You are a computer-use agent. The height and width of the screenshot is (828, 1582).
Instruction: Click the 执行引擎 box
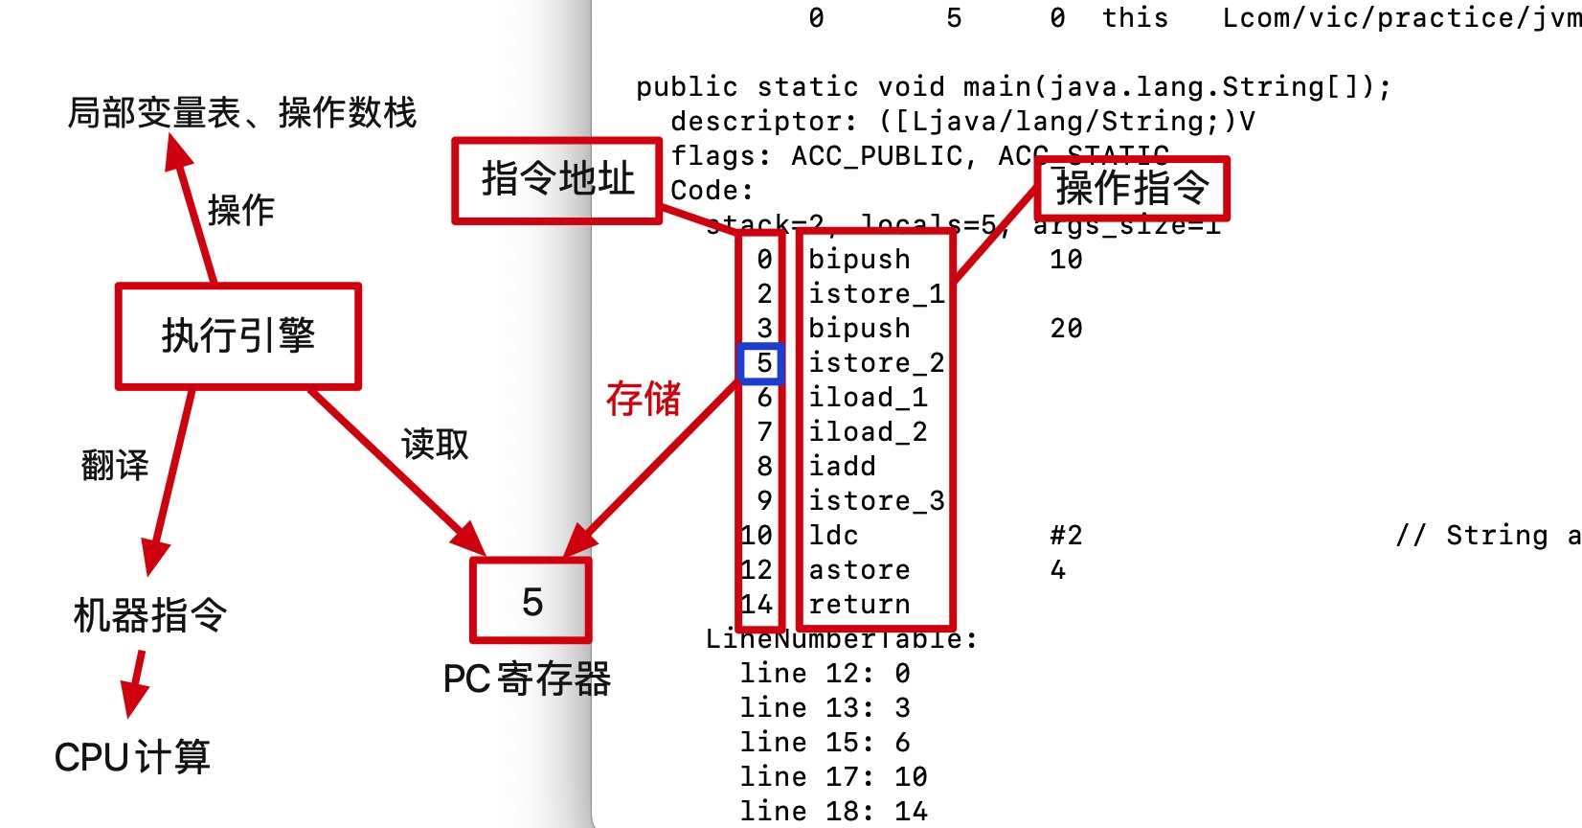[238, 336]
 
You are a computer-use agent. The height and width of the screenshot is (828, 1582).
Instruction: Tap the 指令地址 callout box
[557, 180]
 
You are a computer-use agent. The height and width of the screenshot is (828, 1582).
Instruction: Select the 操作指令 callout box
[1132, 188]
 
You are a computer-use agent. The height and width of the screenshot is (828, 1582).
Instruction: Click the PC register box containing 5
[531, 602]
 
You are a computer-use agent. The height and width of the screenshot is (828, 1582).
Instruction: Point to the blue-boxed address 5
[762, 363]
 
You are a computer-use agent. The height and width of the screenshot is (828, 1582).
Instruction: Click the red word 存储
[643, 399]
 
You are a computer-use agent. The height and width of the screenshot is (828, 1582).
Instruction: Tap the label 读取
[435, 444]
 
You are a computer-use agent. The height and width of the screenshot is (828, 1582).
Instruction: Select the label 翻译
[115, 466]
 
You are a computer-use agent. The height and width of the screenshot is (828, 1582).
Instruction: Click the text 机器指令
[150, 615]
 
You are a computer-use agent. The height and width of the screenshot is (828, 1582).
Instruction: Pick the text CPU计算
[132, 757]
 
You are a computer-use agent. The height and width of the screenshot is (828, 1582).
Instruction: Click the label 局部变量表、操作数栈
[242, 113]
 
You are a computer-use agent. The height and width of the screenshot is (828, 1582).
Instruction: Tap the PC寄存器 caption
[527, 678]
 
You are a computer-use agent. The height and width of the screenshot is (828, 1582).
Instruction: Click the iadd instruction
[842, 467]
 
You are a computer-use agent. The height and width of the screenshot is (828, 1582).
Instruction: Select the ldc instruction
[833, 536]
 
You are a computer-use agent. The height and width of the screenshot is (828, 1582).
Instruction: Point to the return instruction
[859, 605]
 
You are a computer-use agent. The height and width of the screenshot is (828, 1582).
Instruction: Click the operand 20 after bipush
[1066, 329]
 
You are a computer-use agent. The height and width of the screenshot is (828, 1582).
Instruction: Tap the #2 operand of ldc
[1066, 536]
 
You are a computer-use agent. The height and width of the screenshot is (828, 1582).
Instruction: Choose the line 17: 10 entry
[833, 776]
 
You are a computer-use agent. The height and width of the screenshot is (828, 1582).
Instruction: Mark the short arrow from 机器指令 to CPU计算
[135, 682]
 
